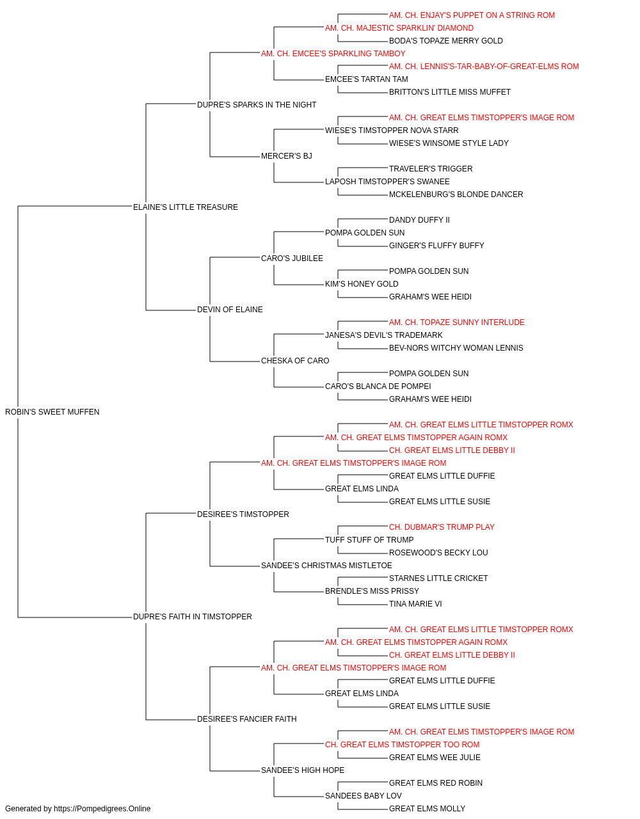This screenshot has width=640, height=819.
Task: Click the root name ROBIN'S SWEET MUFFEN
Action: (52, 412)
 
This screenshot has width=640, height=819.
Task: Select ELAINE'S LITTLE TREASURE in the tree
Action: (186, 207)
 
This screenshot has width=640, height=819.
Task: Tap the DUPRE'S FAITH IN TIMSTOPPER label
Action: (192, 617)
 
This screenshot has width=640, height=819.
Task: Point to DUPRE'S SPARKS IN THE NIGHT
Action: (257, 105)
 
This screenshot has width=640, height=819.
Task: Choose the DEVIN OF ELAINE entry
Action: (230, 310)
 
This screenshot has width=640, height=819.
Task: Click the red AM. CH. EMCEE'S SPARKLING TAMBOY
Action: (333, 54)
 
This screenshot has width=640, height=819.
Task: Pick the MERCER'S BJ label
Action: (287, 156)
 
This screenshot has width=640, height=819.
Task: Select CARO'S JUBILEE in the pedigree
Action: (292, 258)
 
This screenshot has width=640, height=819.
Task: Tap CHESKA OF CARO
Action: (295, 361)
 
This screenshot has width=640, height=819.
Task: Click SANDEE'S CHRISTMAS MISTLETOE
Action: (326, 566)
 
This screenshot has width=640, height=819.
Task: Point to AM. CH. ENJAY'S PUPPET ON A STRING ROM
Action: (472, 15)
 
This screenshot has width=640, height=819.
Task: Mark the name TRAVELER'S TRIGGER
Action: (431, 169)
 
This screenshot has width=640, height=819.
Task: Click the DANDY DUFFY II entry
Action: (419, 219)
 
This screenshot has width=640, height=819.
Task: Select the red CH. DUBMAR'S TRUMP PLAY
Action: (442, 527)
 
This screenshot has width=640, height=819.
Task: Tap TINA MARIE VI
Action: (415, 604)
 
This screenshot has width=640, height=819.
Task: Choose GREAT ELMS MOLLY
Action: (427, 809)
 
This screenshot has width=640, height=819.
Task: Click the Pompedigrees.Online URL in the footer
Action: (102, 809)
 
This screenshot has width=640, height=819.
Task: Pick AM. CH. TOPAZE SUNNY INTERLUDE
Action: (457, 322)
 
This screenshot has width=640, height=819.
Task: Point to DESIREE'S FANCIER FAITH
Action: (247, 719)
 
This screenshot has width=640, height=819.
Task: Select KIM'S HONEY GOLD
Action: (362, 284)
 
